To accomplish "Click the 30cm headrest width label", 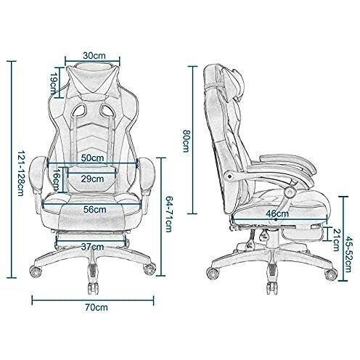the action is pos(94,55).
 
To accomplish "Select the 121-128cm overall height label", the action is pos(21,173).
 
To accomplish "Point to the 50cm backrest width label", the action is pos(92,158).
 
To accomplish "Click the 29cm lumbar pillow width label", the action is pos(92,179).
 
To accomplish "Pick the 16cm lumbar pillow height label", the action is pos(57,179).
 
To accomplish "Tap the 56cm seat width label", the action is pos(95,209).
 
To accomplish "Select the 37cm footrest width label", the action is pos(92,247).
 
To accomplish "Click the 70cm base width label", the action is pos(97,308).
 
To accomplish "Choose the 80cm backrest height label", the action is pos(186,141).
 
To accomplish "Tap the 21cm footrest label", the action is pos(336,240).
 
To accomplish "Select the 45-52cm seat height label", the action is pos(348,254).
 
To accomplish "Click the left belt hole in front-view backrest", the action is pos(79,110).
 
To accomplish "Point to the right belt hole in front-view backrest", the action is pos(107,110).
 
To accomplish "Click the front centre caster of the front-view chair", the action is pos(93,288).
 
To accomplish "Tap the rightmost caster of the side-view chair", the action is pos(331,274).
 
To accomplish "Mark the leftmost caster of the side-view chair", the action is pos(213,274).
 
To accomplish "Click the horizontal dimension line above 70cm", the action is pos(93,300).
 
